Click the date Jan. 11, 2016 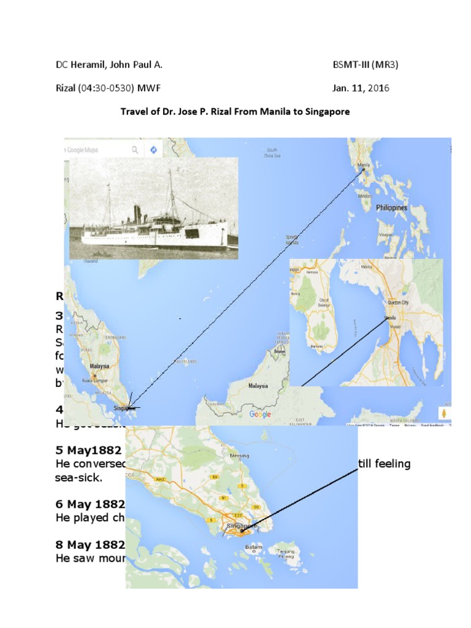tap(361, 88)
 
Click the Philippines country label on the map tap(391, 208)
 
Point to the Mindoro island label tap(366, 196)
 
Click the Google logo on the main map tap(260, 415)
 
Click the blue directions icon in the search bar tap(153, 149)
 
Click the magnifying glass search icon tap(134, 149)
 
